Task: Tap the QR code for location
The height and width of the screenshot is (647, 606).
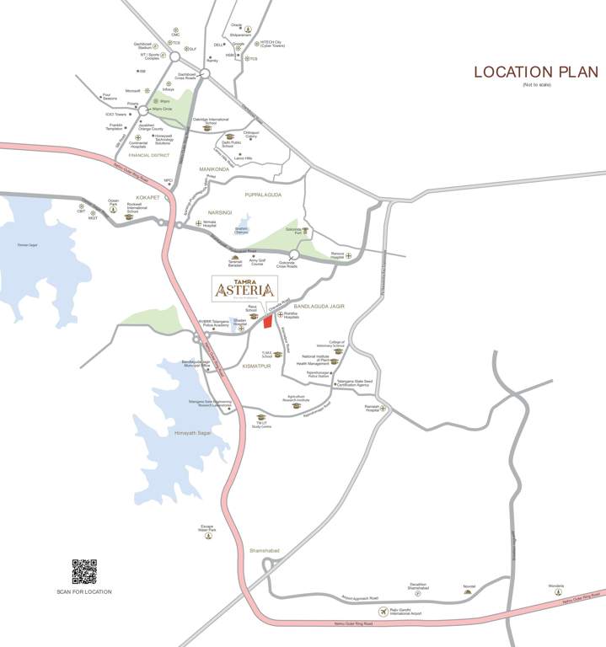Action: tap(84, 571)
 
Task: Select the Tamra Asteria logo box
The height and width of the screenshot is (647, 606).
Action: tap(244, 289)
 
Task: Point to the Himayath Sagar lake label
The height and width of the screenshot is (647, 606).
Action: tap(191, 432)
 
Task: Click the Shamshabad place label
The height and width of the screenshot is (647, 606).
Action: tap(264, 550)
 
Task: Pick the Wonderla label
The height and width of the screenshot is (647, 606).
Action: tap(557, 586)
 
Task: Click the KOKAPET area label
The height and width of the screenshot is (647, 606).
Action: tap(147, 196)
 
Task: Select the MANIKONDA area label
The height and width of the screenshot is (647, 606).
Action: tap(214, 169)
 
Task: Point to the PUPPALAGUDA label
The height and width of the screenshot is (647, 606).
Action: tap(262, 195)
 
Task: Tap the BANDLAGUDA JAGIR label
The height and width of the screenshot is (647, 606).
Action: tap(320, 307)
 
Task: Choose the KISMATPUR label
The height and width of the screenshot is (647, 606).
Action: tap(255, 367)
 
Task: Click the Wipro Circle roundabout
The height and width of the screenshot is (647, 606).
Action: tap(144, 110)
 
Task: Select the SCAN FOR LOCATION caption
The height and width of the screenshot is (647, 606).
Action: tap(84, 591)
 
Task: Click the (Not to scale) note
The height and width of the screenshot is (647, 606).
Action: tap(536, 85)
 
